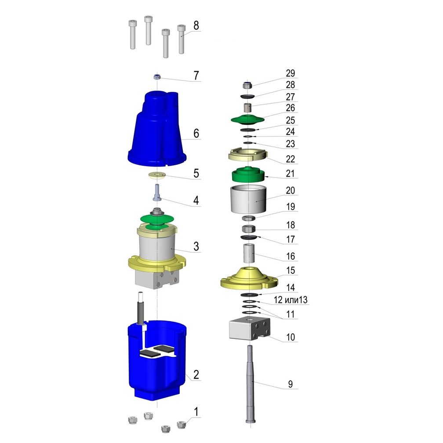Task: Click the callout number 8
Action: [196, 25]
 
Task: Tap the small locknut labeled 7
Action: [157, 76]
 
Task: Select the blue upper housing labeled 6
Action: [157, 128]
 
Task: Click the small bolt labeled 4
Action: [157, 192]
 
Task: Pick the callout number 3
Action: [196, 247]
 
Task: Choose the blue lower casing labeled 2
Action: [157, 360]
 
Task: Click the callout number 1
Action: [196, 412]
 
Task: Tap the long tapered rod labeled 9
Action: [251, 384]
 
